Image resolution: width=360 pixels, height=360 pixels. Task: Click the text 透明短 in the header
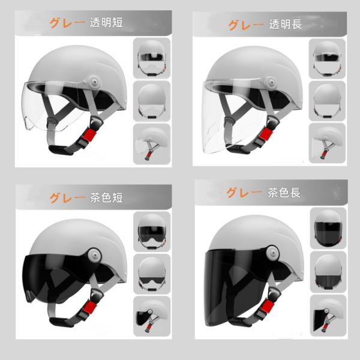coord(106,23)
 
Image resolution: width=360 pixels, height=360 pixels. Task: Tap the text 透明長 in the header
coord(286,24)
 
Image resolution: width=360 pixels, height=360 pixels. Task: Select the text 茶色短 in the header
coord(106,197)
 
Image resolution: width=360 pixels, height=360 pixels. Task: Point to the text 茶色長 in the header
coord(284,193)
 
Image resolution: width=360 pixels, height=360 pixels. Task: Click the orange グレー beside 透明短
coord(68,23)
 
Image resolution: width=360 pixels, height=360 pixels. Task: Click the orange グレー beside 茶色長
coord(244,193)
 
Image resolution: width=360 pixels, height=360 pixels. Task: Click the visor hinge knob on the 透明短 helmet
coord(94,82)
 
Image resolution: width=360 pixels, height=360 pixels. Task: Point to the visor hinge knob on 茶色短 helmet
coord(95,254)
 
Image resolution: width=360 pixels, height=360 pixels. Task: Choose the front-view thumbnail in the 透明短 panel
coord(152,58)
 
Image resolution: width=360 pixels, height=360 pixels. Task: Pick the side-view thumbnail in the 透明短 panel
coord(152,144)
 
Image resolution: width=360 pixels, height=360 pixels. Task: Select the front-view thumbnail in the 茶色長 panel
coord(328,228)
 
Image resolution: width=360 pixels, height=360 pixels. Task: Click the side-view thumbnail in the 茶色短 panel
coord(152,316)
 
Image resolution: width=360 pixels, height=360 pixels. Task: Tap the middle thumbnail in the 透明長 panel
coord(327,101)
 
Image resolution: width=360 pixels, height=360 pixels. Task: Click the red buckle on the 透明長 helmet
coord(266,134)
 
